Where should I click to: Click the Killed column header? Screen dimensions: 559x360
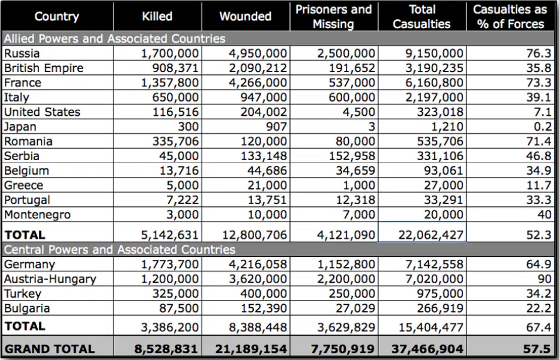click(x=157, y=16)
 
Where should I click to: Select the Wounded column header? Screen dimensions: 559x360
click(x=245, y=16)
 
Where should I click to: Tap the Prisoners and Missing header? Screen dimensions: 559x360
click(x=334, y=16)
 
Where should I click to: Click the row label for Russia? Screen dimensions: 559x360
click(x=22, y=53)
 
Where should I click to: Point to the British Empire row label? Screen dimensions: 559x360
click(x=43, y=68)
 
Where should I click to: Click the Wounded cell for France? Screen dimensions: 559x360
click(x=258, y=83)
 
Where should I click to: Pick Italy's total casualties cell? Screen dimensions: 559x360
click(x=434, y=97)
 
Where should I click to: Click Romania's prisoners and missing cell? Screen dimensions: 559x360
click(x=355, y=142)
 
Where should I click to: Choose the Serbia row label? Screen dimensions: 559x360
click(x=22, y=156)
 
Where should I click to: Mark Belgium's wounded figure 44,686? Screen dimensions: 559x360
click(x=267, y=171)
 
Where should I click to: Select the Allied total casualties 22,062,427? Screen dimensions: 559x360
click(x=431, y=235)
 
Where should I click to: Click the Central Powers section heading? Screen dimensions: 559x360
click(x=119, y=250)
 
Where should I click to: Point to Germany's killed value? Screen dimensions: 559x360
click(x=170, y=264)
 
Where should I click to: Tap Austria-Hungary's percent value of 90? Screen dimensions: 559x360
click(x=545, y=279)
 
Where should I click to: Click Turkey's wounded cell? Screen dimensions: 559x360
click(x=264, y=294)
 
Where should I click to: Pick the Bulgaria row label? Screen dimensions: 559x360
click(x=27, y=308)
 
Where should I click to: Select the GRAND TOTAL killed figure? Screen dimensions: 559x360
click(x=166, y=349)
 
